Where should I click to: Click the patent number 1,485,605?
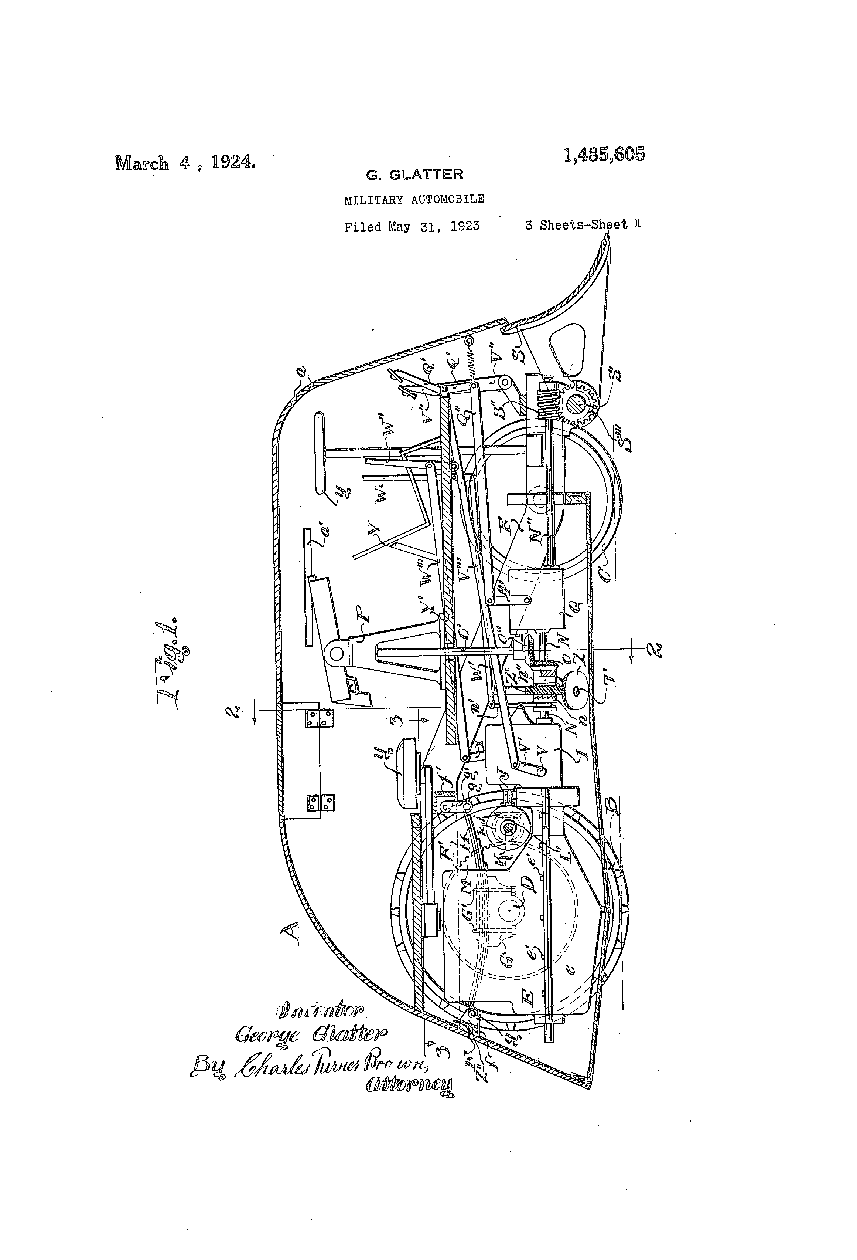[604, 155]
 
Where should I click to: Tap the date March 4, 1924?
[185, 163]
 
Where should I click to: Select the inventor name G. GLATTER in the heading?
[414, 175]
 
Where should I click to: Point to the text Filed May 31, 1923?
[412, 226]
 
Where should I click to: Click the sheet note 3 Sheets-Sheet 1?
[582, 224]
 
